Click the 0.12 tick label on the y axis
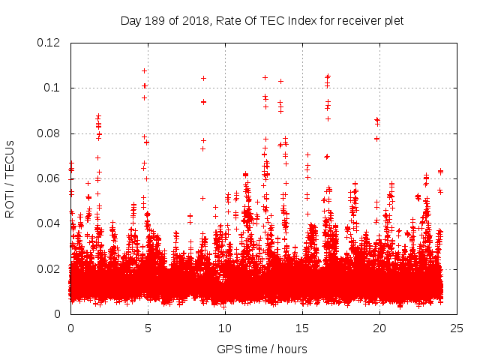[51, 43]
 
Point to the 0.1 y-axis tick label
[55, 88]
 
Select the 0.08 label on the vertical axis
[51, 133]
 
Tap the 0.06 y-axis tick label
[51, 178]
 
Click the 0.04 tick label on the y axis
[51, 223]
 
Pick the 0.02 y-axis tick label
[51, 268]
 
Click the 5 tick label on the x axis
[148, 328]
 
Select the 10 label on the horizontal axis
[225, 328]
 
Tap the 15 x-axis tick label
[302, 328]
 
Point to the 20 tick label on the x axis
[379, 328]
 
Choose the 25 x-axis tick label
[457, 328]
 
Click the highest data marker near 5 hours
[144, 71]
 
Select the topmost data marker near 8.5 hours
[203, 78]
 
